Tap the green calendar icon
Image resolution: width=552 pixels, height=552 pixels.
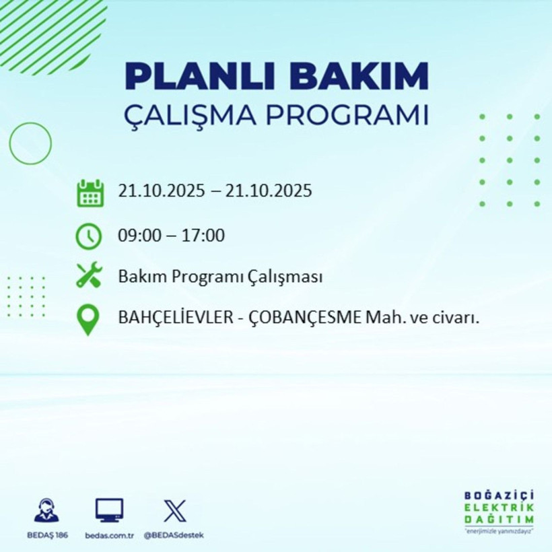tap(90, 193)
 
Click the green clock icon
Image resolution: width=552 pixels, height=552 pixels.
tap(89, 236)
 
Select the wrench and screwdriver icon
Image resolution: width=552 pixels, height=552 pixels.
tap(89, 276)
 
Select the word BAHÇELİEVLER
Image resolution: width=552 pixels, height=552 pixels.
tap(177, 317)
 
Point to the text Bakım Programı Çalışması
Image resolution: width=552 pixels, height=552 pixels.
tap(219, 276)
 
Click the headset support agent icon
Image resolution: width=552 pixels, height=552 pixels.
tap(46, 511)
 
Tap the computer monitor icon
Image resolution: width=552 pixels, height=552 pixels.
tap(109, 511)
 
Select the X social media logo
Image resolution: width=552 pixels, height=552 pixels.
tap(174, 511)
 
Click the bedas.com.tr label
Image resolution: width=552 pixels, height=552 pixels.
tap(109, 535)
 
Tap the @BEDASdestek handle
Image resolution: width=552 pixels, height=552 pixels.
tap(174, 535)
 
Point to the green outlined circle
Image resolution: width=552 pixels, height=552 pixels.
tap(30, 143)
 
